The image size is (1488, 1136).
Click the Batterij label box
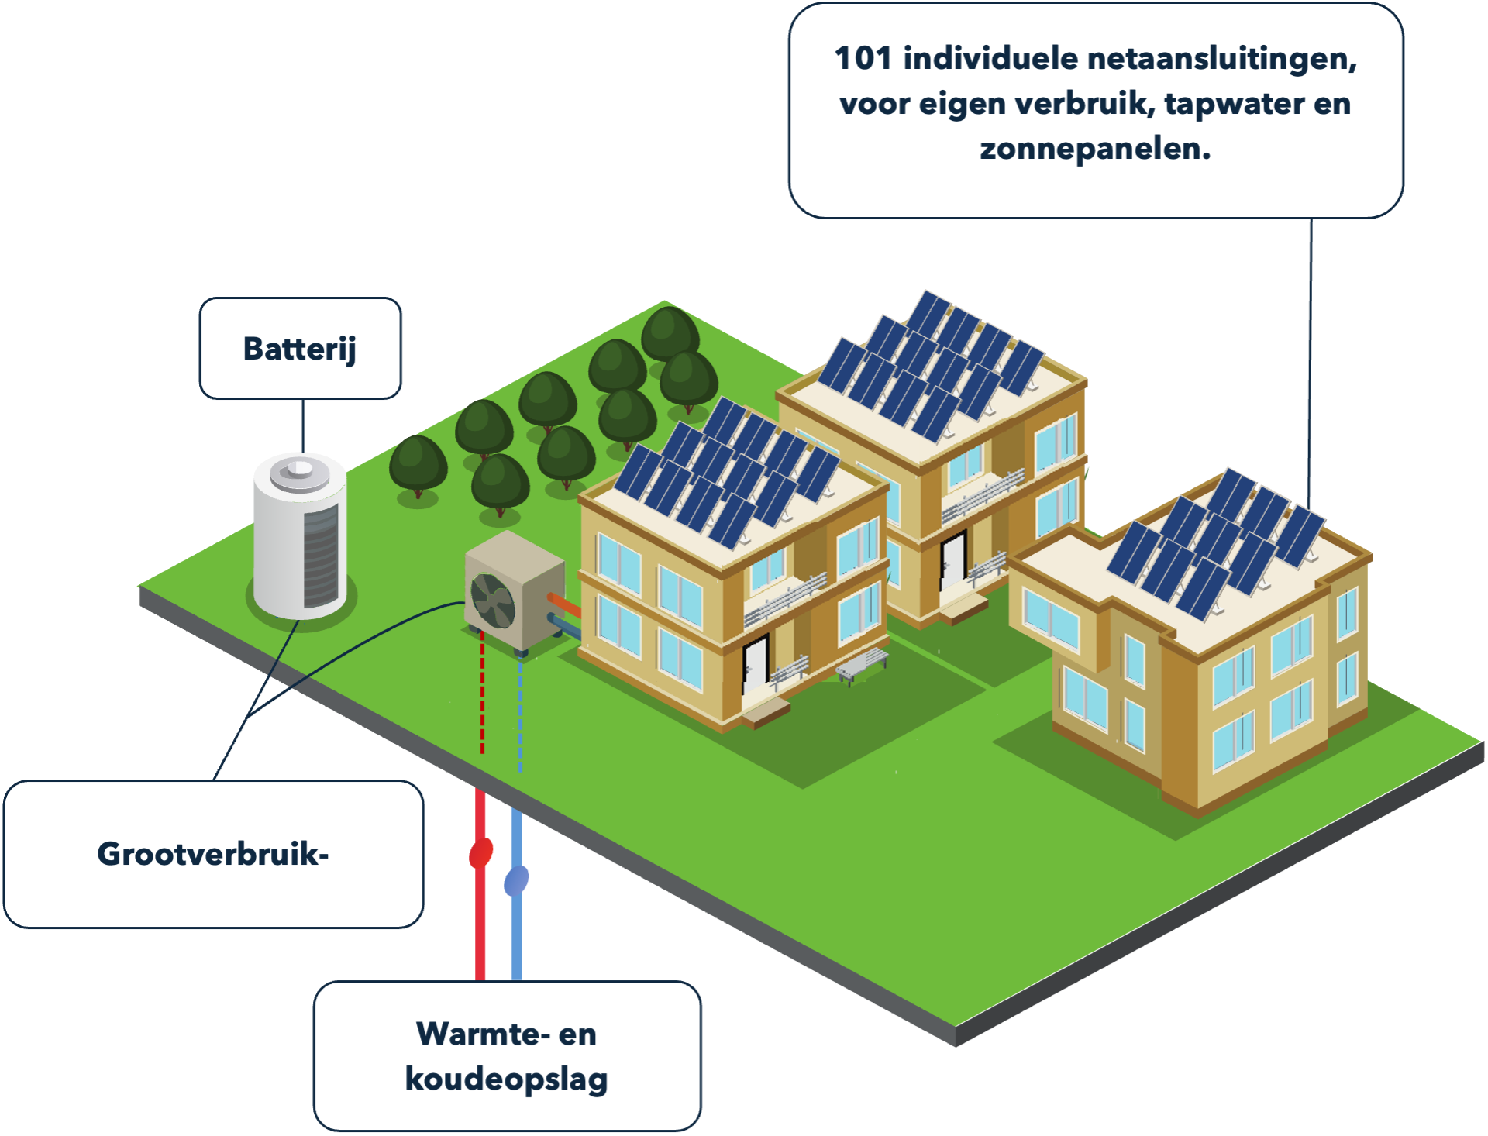click(301, 349)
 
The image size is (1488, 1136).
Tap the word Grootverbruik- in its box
click(213, 854)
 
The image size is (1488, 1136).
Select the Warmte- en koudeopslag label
click(507, 1056)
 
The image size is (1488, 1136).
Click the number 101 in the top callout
click(863, 59)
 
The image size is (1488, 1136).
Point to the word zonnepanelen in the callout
click(1094, 149)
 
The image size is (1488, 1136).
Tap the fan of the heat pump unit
click(493, 601)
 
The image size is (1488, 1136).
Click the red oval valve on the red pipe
click(481, 853)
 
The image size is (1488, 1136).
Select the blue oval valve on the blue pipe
click(517, 881)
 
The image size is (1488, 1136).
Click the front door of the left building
click(755, 663)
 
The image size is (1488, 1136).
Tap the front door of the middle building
click(952, 559)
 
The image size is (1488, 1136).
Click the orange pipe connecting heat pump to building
click(564, 604)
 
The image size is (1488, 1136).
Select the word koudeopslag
click(507, 1079)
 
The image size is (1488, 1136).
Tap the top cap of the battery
click(301, 470)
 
